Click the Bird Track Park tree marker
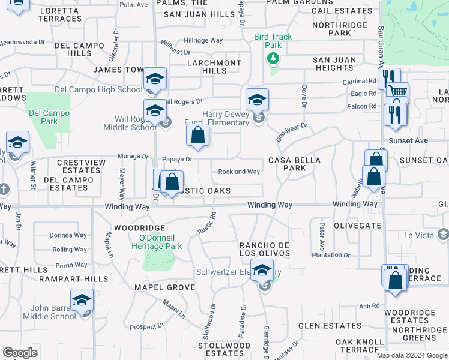coord(273,58)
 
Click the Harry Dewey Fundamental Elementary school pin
coord(257,100)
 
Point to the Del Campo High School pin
coord(155,80)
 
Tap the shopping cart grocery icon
coord(397,92)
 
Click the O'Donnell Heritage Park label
coord(157,242)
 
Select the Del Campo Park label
coord(48,117)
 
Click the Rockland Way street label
coord(239,172)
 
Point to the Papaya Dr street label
coord(178,159)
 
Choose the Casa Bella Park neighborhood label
coord(294,164)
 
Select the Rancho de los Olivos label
coord(265,249)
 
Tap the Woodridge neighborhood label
coord(139,228)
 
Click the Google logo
coord(20,353)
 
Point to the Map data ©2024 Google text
coord(411,355)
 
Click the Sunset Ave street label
coord(408,140)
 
